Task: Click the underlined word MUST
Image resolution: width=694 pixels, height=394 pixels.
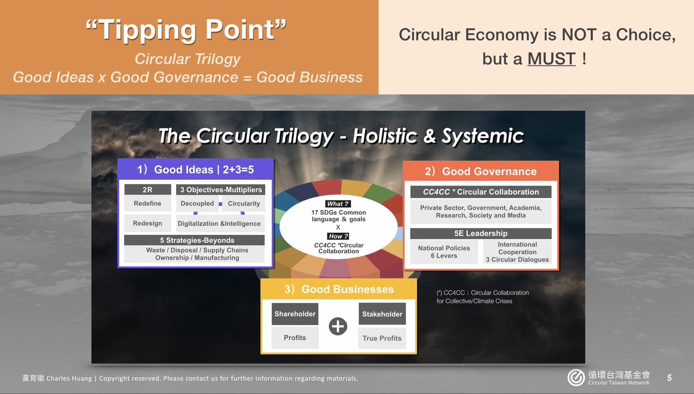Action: (x=551, y=58)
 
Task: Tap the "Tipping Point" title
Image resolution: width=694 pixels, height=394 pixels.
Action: (x=186, y=30)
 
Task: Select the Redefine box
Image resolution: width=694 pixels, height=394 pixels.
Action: (x=147, y=204)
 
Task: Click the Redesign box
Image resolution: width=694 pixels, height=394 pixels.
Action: (x=147, y=223)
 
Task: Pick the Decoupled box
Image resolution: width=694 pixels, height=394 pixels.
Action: (x=197, y=204)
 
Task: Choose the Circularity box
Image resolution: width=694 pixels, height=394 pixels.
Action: (x=244, y=204)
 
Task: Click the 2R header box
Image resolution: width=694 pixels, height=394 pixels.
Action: (x=147, y=189)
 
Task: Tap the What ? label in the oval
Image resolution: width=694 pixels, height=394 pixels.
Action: (x=338, y=204)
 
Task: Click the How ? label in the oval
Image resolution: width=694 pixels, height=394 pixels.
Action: (x=338, y=236)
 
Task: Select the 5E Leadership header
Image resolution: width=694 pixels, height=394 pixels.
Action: (x=481, y=233)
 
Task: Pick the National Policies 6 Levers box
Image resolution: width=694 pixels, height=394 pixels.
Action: (x=444, y=252)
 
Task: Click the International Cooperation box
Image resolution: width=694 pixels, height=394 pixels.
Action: (x=518, y=252)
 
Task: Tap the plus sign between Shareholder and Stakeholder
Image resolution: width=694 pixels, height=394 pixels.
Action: (x=338, y=326)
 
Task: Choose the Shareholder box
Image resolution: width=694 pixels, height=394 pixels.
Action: (x=295, y=314)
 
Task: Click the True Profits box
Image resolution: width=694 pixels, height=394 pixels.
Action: (x=382, y=338)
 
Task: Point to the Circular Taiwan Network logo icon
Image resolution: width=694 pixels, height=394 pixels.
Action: (x=576, y=378)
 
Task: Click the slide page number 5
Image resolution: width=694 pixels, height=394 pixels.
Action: (x=669, y=378)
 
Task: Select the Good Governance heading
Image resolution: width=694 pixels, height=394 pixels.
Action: (x=480, y=171)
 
